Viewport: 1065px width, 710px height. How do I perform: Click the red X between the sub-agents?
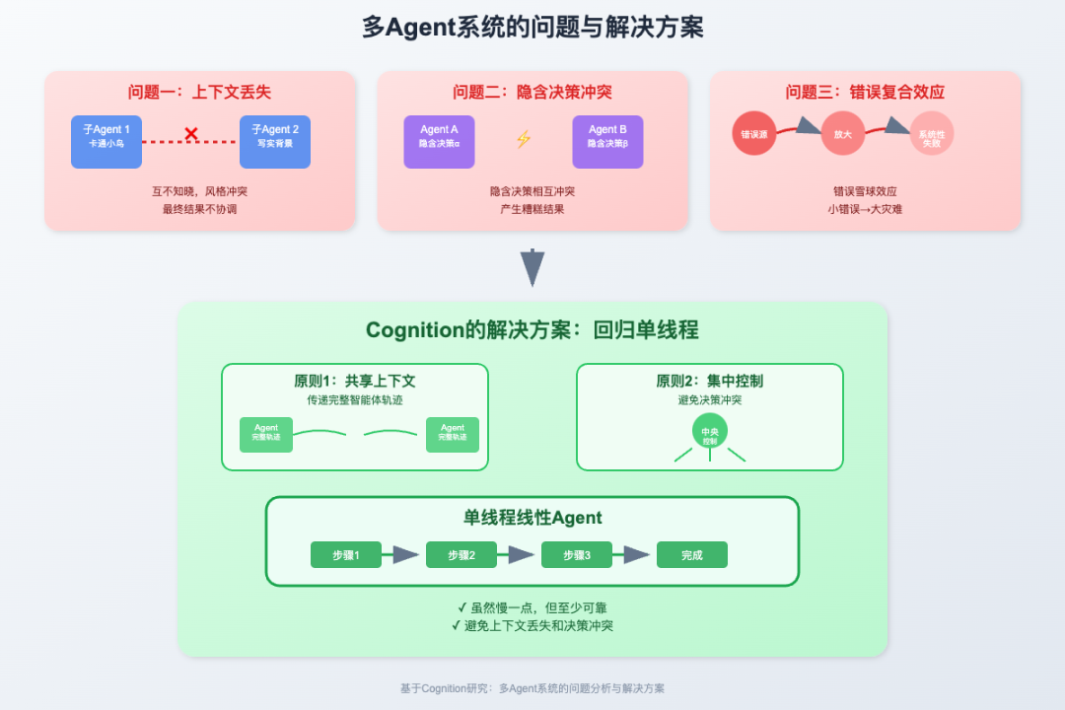point(191,134)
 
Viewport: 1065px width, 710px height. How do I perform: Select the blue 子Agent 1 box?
point(106,141)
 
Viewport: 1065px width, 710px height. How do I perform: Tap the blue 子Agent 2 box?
point(275,141)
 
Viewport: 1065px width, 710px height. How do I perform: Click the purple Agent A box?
point(439,141)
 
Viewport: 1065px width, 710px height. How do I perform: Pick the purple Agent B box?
point(607,141)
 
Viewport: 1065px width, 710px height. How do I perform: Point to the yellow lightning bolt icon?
point(524,139)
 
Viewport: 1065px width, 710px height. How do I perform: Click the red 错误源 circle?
point(754,134)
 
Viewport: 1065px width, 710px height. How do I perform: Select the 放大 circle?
point(842,134)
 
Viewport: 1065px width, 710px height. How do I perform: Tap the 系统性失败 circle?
point(931,134)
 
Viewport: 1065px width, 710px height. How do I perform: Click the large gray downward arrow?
point(532,267)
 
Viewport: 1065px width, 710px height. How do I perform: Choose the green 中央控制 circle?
point(710,431)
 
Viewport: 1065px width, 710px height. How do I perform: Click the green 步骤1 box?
point(345,555)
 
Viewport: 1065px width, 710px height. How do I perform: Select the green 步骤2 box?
point(461,555)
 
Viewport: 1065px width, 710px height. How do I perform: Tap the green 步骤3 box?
point(577,555)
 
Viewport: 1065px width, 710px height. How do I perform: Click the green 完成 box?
point(692,555)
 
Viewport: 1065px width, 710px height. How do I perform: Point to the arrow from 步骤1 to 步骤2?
point(402,555)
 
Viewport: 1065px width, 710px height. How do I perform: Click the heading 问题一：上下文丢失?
point(199,92)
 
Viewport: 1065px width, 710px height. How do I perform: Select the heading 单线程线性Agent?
point(532,518)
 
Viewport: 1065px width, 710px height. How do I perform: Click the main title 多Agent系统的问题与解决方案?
point(532,27)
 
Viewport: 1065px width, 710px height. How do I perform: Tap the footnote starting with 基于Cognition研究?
point(532,688)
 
